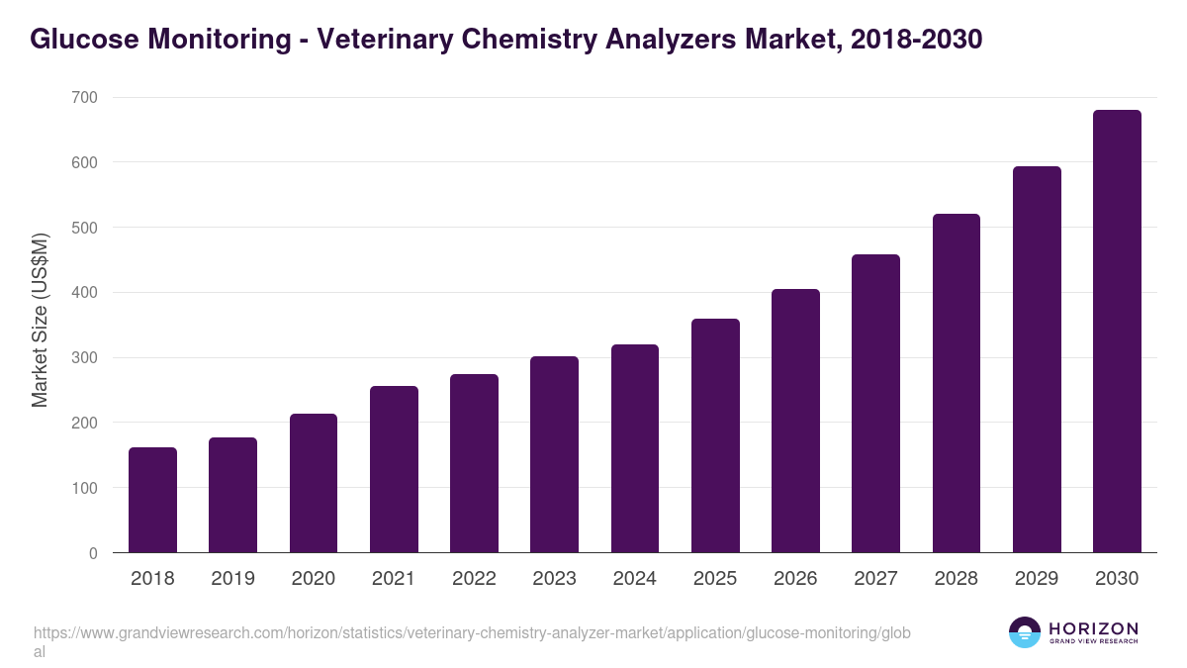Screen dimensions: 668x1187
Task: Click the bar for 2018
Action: (x=152, y=500)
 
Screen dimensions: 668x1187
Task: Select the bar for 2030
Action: (x=1117, y=332)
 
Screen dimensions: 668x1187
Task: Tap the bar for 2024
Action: (x=635, y=448)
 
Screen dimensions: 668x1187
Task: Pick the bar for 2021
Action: (x=394, y=469)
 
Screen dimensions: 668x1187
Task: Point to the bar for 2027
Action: (x=875, y=404)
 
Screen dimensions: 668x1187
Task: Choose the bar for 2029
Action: (x=1037, y=359)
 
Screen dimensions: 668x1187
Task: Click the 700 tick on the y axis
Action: (x=85, y=97)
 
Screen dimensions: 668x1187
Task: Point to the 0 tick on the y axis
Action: (x=93, y=553)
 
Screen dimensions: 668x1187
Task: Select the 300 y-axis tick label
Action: (x=85, y=357)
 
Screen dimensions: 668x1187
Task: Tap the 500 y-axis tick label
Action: (x=85, y=228)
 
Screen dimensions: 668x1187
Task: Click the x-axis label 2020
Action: (x=314, y=579)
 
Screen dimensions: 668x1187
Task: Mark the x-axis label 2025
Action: (x=715, y=579)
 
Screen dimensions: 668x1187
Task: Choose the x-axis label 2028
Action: (x=957, y=579)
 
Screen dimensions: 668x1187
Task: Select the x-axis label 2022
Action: (x=474, y=579)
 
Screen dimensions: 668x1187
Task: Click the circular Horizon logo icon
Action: (x=1025, y=632)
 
